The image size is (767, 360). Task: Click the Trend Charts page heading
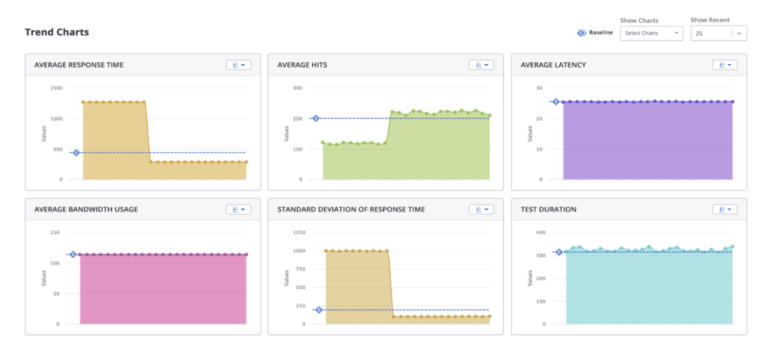coord(57,32)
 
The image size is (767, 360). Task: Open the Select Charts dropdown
coord(651,33)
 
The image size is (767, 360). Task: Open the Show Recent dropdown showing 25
coord(718,33)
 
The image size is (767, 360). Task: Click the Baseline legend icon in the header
coord(582,33)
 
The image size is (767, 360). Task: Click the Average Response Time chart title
coord(79,65)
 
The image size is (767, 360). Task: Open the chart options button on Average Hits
coord(481,65)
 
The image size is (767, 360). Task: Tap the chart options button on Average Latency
coord(725,65)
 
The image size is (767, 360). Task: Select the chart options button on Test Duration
coord(725,209)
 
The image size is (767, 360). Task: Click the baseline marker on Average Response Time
coord(76,153)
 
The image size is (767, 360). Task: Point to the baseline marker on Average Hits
coord(316,118)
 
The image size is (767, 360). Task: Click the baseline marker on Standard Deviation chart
coord(319,310)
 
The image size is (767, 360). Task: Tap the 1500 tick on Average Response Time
coord(57,88)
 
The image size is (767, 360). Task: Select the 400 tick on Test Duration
coord(541,233)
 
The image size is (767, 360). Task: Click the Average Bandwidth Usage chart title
coord(86,209)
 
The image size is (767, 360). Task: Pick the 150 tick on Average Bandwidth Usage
coord(54,233)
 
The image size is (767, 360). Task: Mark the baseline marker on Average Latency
coord(555,102)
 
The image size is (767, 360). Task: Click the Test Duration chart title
coord(548,209)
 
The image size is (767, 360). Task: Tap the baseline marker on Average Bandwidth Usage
coord(73,255)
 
